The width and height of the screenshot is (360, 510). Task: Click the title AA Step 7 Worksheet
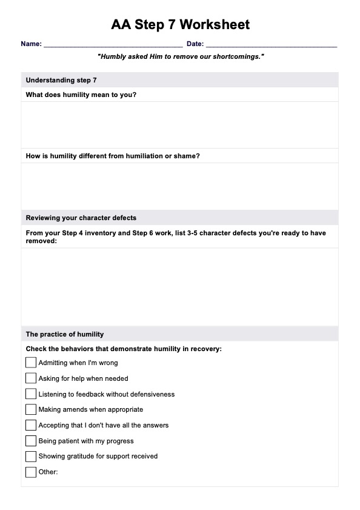tap(180, 25)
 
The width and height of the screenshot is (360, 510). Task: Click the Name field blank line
tap(113, 44)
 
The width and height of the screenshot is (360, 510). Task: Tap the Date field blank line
tap(271, 44)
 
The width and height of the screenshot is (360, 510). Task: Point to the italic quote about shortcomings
tap(180, 56)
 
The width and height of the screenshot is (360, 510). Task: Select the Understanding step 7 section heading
tap(61, 80)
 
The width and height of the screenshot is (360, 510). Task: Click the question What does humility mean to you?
tap(81, 95)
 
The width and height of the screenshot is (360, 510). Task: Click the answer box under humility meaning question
tap(179, 125)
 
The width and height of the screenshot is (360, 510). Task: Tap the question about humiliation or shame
tap(113, 156)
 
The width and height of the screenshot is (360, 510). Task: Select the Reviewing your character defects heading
tap(81, 218)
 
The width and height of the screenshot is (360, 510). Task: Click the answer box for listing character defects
tap(179, 286)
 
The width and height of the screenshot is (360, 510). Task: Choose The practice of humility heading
tap(65, 334)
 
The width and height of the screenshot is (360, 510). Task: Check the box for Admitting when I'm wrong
tap(31, 363)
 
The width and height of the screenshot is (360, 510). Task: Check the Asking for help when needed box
tap(31, 378)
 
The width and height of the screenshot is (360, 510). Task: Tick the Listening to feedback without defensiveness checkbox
tap(31, 394)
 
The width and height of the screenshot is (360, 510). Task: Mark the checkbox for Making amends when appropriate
tap(31, 409)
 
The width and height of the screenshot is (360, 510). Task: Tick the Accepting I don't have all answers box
tap(31, 425)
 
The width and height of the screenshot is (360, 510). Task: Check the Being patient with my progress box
tap(31, 441)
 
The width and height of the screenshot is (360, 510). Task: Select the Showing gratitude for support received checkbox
tap(31, 456)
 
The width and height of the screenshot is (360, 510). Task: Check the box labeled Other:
tap(31, 472)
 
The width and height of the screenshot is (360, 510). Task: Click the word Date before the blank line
tap(195, 44)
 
